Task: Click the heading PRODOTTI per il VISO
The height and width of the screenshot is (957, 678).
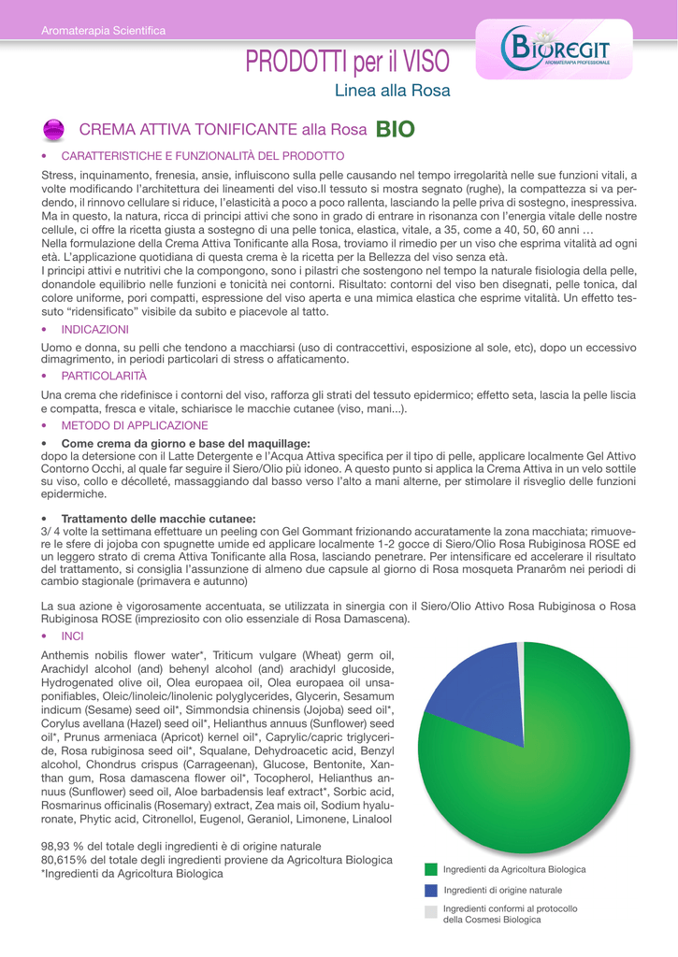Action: (x=347, y=64)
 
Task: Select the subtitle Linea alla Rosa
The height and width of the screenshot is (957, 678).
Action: (x=392, y=92)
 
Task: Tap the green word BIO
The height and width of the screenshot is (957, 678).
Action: (x=396, y=129)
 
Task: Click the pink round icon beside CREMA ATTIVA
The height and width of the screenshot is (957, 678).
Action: (x=53, y=129)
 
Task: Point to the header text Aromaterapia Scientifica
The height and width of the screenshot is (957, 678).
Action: (x=103, y=32)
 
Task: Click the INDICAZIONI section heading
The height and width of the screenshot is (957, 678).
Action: (x=94, y=330)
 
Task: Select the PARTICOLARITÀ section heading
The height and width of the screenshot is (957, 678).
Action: (x=104, y=375)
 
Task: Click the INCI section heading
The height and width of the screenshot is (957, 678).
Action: (x=72, y=634)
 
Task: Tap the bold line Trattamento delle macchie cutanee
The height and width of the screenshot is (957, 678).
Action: (x=158, y=518)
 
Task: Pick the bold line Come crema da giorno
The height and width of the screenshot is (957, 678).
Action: (x=184, y=442)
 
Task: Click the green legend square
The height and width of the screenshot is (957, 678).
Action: (x=431, y=869)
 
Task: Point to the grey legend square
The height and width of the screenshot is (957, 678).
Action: (x=431, y=912)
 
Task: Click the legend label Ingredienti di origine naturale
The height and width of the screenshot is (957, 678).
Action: (x=502, y=890)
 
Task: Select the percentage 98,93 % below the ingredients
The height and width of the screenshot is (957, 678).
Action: (x=60, y=846)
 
